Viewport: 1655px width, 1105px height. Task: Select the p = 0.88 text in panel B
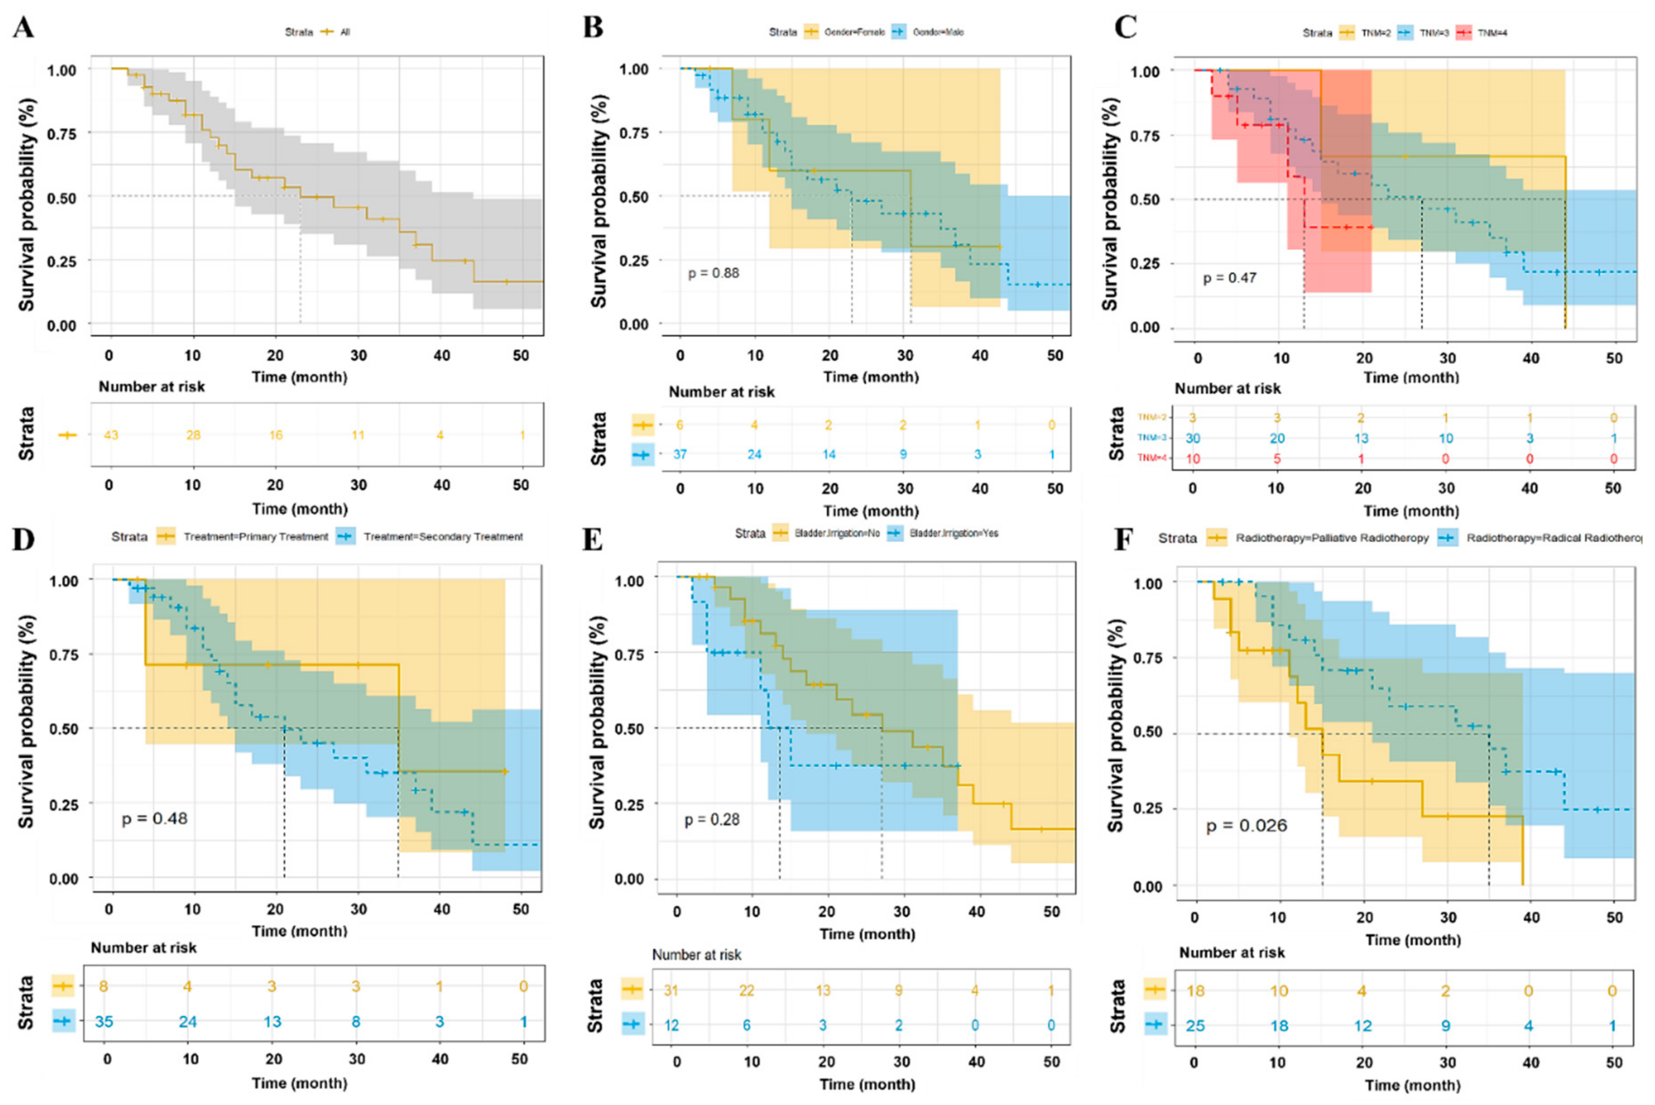pos(713,273)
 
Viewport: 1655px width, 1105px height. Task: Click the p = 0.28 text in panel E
pos(712,820)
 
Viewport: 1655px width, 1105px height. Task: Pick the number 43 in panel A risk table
pos(111,435)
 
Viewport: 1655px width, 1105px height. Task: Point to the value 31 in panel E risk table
pos(670,990)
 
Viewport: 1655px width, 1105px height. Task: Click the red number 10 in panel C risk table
pos(1193,459)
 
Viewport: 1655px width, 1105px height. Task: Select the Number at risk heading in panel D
pos(144,948)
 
